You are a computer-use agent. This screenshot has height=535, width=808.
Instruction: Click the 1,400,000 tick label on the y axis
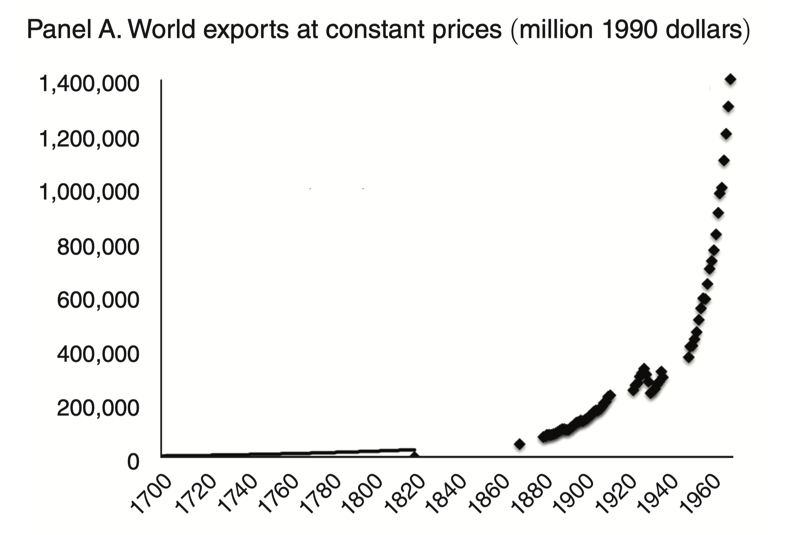(x=89, y=84)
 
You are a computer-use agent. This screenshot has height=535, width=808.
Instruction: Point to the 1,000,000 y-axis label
(x=89, y=192)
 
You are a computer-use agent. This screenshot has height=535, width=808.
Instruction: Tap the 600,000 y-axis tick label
(x=98, y=300)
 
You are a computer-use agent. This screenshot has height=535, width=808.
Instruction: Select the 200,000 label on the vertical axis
(x=98, y=408)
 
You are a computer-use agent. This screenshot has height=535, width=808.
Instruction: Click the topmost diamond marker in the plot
(x=730, y=80)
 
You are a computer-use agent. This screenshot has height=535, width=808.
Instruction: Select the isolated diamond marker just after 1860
(x=520, y=444)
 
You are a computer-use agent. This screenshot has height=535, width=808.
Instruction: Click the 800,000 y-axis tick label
(x=98, y=247)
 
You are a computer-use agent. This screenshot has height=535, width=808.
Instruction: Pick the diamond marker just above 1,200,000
(x=726, y=135)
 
